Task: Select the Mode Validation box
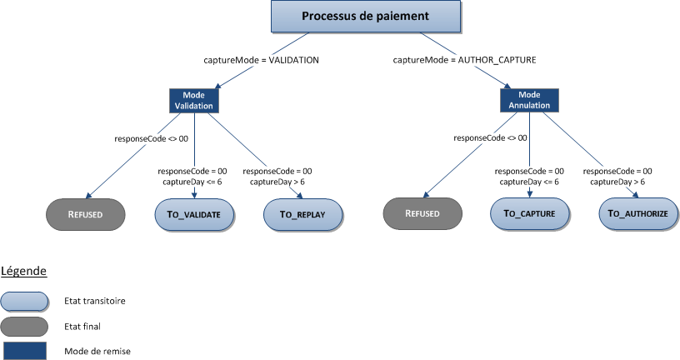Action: (x=193, y=101)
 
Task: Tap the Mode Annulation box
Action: (x=528, y=101)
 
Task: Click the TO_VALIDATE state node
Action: (x=193, y=214)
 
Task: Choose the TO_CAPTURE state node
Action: (x=528, y=214)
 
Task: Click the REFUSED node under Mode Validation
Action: (x=85, y=214)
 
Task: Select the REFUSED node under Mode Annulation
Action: (x=422, y=214)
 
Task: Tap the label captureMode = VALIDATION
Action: (x=261, y=60)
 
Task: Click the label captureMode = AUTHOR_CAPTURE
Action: (x=464, y=60)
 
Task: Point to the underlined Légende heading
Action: (x=23, y=271)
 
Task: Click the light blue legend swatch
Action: (x=25, y=300)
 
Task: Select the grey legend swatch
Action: (x=25, y=326)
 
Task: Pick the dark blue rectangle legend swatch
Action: (x=25, y=351)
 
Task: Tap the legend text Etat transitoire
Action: (x=95, y=300)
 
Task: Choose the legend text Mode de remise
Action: (x=97, y=351)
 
